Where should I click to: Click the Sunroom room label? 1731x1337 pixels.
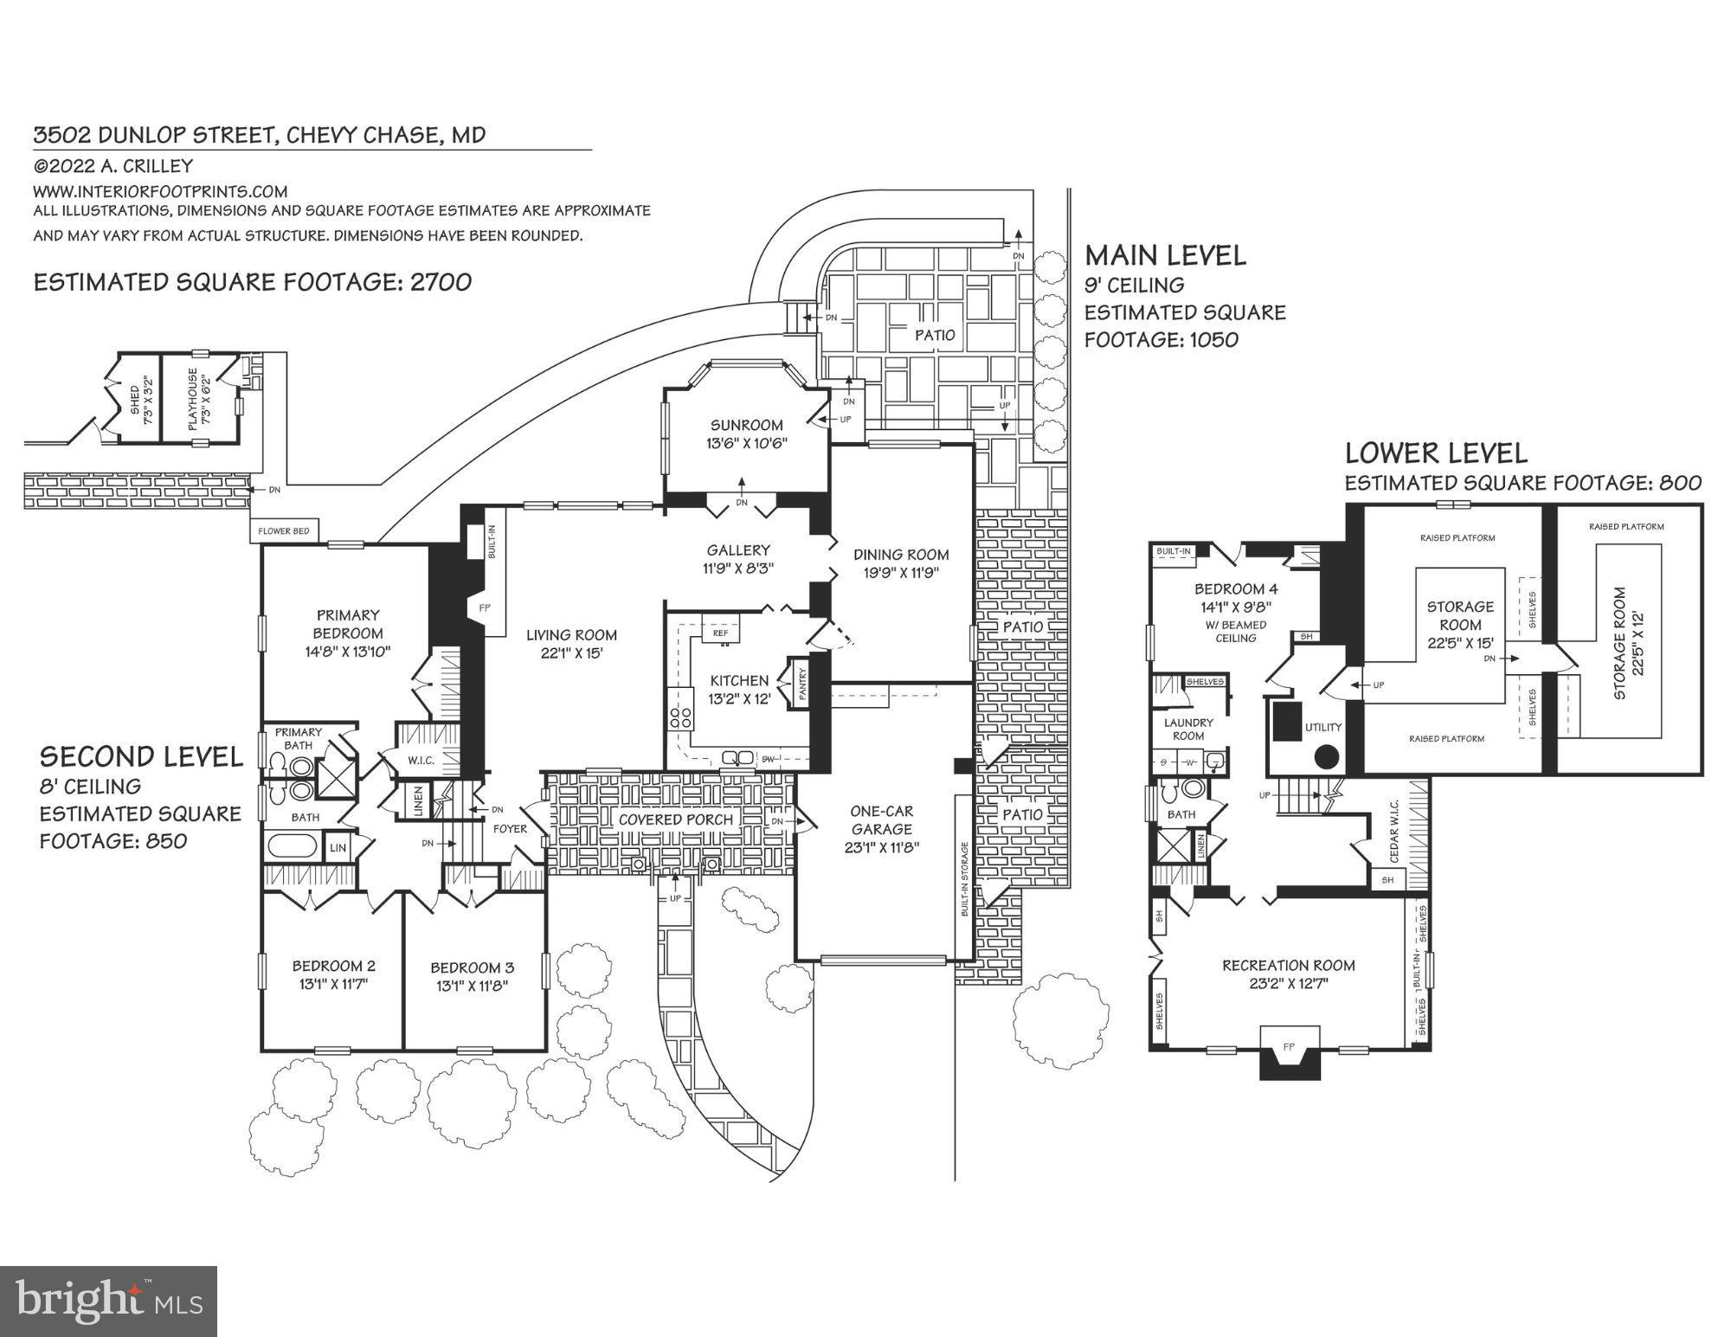click(746, 425)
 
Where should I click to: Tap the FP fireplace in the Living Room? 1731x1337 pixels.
click(485, 608)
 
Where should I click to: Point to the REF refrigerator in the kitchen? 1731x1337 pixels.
click(720, 633)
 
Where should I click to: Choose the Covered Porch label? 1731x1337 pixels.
click(675, 819)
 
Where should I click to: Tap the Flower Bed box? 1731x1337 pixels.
click(284, 530)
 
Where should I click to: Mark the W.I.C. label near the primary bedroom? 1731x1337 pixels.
click(421, 761)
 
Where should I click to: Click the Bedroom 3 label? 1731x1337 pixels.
click(472, 967)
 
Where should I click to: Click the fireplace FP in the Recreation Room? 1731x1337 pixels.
click(1289, 1047)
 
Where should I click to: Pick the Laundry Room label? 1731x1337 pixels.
click(1188, 729)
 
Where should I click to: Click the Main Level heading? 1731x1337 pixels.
click(1165, 255)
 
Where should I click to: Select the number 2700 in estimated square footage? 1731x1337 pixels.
click(441, 282)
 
